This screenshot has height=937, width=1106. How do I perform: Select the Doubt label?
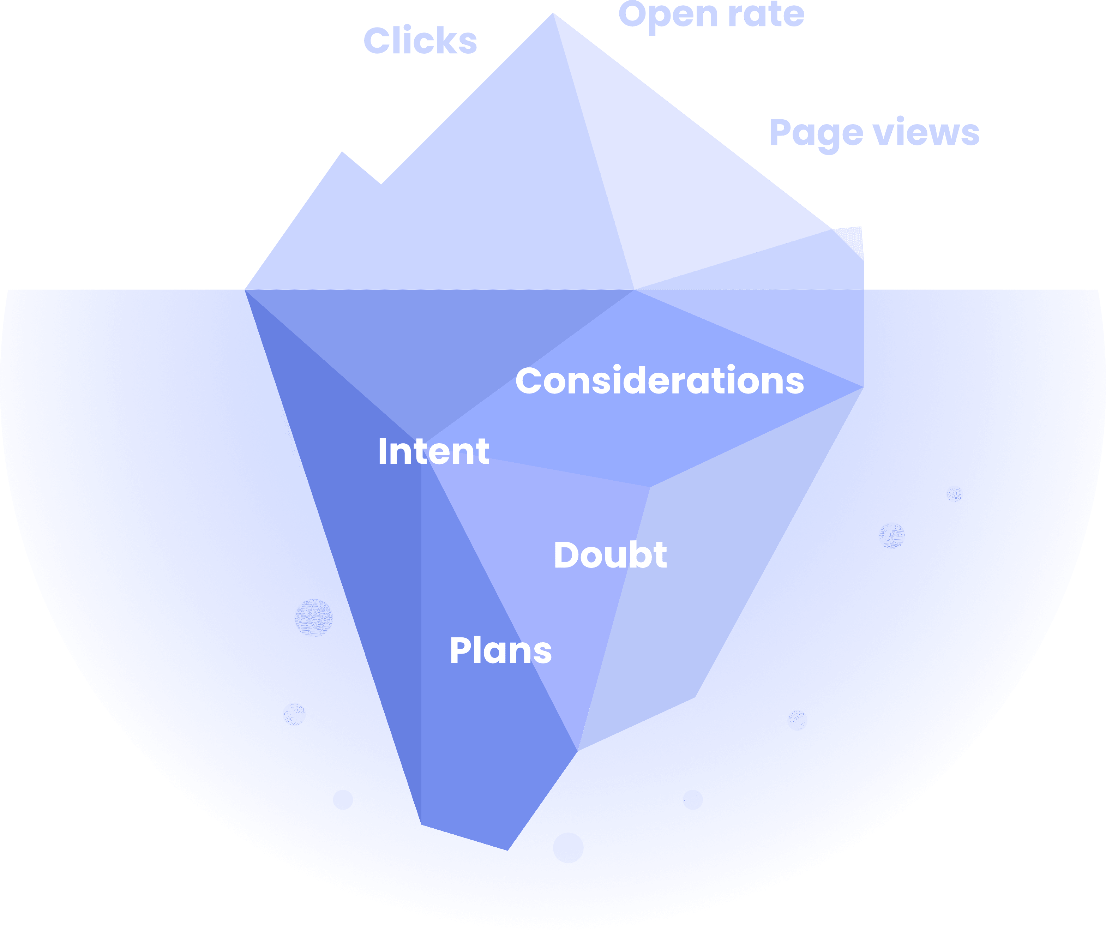click(610, 555)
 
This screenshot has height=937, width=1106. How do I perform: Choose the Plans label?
click(500, 651)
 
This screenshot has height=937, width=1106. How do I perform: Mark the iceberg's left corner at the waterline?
click(245, 289)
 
